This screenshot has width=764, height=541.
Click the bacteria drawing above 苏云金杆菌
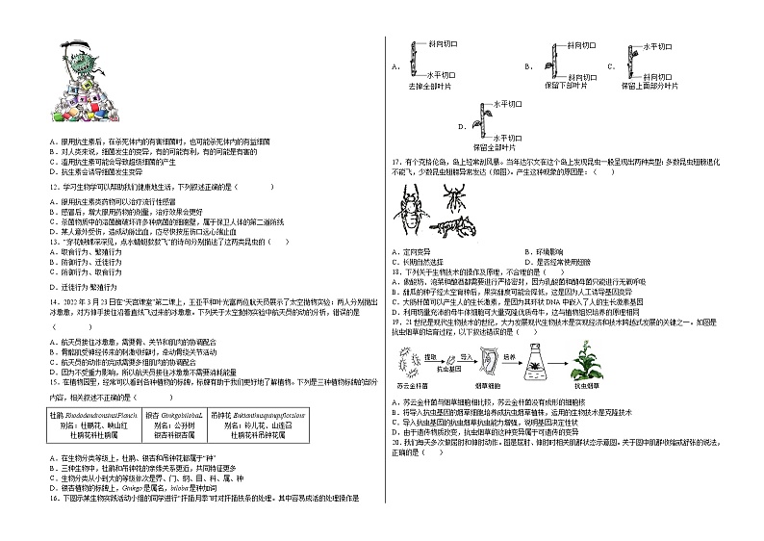coord(408,362)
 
